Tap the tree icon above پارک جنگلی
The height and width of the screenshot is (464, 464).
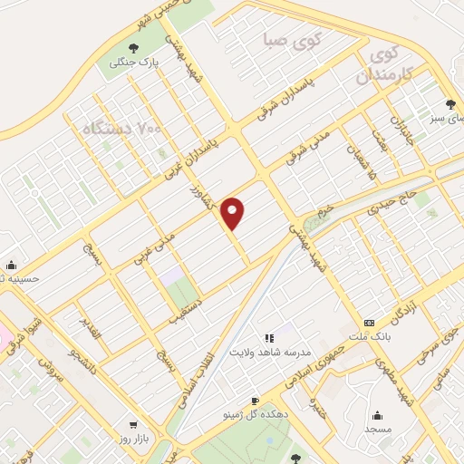coord(134,48)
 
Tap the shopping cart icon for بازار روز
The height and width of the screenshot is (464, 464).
coord(134,424)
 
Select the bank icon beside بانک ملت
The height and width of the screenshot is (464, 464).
coord(369,323)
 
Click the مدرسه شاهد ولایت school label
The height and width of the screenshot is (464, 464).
coord(269,351)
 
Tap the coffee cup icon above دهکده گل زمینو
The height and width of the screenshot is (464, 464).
coord(256,400)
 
